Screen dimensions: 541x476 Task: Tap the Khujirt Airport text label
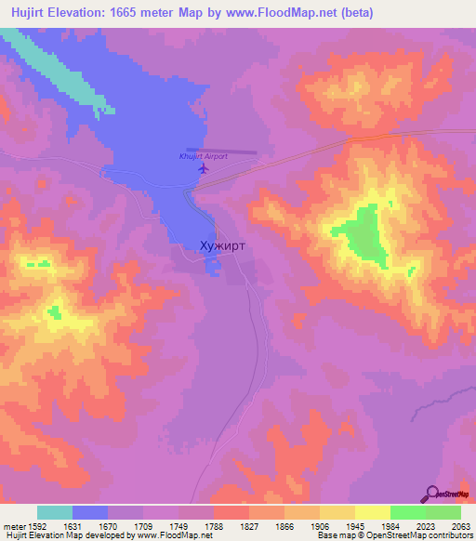(x=202, y=156)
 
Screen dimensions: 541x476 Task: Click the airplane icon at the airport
(x=204, y=169)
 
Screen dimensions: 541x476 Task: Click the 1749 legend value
(x=178, y=525)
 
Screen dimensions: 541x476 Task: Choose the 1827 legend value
(x=249, y=525)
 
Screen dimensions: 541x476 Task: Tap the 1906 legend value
(x=320, y=525)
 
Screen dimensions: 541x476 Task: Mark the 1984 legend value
(x=390, y=525)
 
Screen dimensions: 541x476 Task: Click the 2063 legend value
(x=461, y=525)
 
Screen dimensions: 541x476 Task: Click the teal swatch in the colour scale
(x=55, y=512)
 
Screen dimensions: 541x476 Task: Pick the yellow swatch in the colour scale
(x=373, y=512)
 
